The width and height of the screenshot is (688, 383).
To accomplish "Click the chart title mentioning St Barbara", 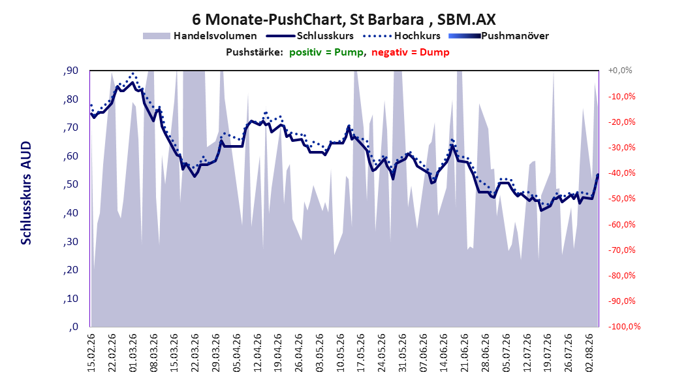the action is (x=343, y=20).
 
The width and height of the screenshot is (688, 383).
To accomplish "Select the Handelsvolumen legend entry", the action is (x=200, y=36).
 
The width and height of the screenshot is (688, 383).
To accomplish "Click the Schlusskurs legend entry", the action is (x=310, y=36).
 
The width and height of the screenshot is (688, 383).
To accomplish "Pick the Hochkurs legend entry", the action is (x=401, y=36).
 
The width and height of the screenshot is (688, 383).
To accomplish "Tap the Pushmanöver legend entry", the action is (x=499, y=36).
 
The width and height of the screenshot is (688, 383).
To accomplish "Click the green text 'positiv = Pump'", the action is (x=326, y=52).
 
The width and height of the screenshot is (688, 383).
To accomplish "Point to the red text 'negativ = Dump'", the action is (x=411, y=52).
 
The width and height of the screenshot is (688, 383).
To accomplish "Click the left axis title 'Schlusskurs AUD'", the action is (x=26, y=193).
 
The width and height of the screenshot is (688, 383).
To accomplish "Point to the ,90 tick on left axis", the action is (x=70, y=71).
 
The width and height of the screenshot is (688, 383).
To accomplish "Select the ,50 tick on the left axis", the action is (x=70, y=184).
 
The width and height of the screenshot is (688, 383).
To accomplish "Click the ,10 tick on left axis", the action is (x=70, y=298).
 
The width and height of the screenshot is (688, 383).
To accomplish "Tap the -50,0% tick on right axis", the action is (x=621, y=199).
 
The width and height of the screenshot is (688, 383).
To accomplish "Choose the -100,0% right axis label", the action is (x=624, y=326).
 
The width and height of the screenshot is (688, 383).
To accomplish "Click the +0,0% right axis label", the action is (x=620, y=71).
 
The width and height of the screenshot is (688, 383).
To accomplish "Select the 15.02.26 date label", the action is (x=91, y=353).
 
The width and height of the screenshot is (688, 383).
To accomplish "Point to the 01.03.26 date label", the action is (x=133, y=353).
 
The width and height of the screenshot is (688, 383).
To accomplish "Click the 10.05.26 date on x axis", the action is (x=341, y=353).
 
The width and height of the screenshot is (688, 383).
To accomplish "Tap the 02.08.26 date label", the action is (x=589, y=353).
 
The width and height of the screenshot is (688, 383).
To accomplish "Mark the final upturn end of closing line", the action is (x=598, y=175).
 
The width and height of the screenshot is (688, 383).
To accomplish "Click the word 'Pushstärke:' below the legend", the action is (x=255, y=52).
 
